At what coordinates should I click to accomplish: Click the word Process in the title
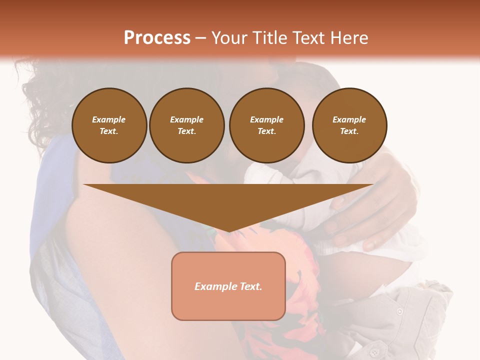[157, 38]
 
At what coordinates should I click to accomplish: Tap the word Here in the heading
[349, 38]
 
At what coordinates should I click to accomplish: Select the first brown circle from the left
[109, 125]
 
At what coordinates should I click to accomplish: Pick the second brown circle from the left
[187, 125]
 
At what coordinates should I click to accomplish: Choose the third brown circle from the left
[267, 125]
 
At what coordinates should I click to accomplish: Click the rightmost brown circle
[349, 125]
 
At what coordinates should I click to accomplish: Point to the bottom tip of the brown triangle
[228, 231]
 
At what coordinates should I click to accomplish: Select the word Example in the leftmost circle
[109, 119]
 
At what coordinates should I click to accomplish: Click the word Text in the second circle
[186, 131]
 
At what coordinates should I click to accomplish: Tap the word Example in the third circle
[266, 119]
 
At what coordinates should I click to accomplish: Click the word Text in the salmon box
[250, 286]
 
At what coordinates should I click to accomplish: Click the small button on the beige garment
[399, 311]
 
